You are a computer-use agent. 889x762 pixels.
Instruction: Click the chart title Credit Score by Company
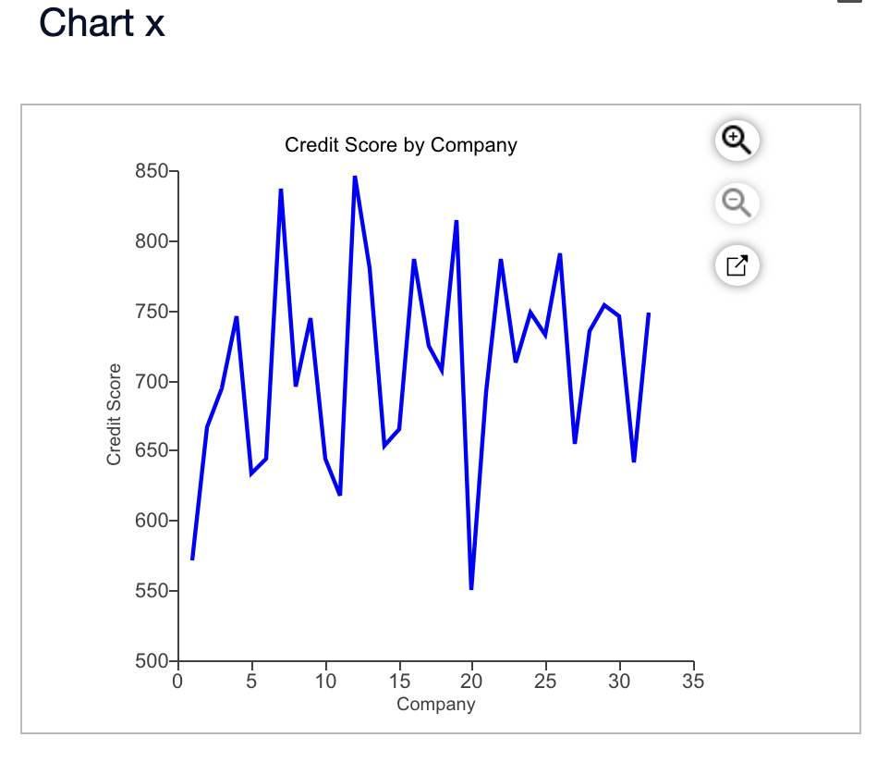400,145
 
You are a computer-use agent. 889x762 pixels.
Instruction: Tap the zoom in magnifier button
736,141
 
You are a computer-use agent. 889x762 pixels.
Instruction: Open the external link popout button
736,265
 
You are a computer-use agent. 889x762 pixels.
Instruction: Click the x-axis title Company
435,705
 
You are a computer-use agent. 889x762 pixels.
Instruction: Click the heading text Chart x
102,23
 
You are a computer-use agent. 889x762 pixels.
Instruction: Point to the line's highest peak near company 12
355,177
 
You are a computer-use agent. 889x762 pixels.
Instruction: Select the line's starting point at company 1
192,559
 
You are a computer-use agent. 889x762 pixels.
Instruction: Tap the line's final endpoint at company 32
649,313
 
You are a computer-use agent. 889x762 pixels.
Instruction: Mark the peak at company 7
281,190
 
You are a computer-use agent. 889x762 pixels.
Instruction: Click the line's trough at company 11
340,495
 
